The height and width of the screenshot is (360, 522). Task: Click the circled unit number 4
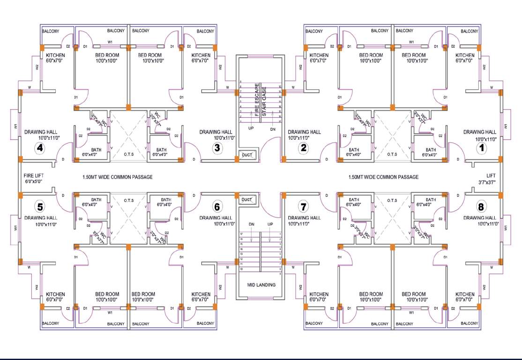tap(40, 148)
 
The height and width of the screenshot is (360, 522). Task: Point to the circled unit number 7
tap(303, 206)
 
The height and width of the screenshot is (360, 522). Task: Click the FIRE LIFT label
tap(33, 174)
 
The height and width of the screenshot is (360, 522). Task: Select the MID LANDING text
tap(261, 285)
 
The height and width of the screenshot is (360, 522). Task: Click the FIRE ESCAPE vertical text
tap(257, 99)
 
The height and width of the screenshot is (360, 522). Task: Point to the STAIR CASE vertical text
tap(264, 101)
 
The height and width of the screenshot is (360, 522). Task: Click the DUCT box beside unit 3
tap(246, 155)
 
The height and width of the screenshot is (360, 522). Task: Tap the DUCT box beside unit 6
tap(246, 200)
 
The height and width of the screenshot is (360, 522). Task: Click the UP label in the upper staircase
tap(251, 128)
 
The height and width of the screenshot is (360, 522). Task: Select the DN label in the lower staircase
tap(252, 224)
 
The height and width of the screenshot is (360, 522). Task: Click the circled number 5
tap(40, 206)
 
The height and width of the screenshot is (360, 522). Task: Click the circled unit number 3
tap(217, 148)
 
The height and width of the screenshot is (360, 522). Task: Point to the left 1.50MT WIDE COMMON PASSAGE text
tap(117, 177)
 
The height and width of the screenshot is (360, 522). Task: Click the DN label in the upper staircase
tap(273, 128)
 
